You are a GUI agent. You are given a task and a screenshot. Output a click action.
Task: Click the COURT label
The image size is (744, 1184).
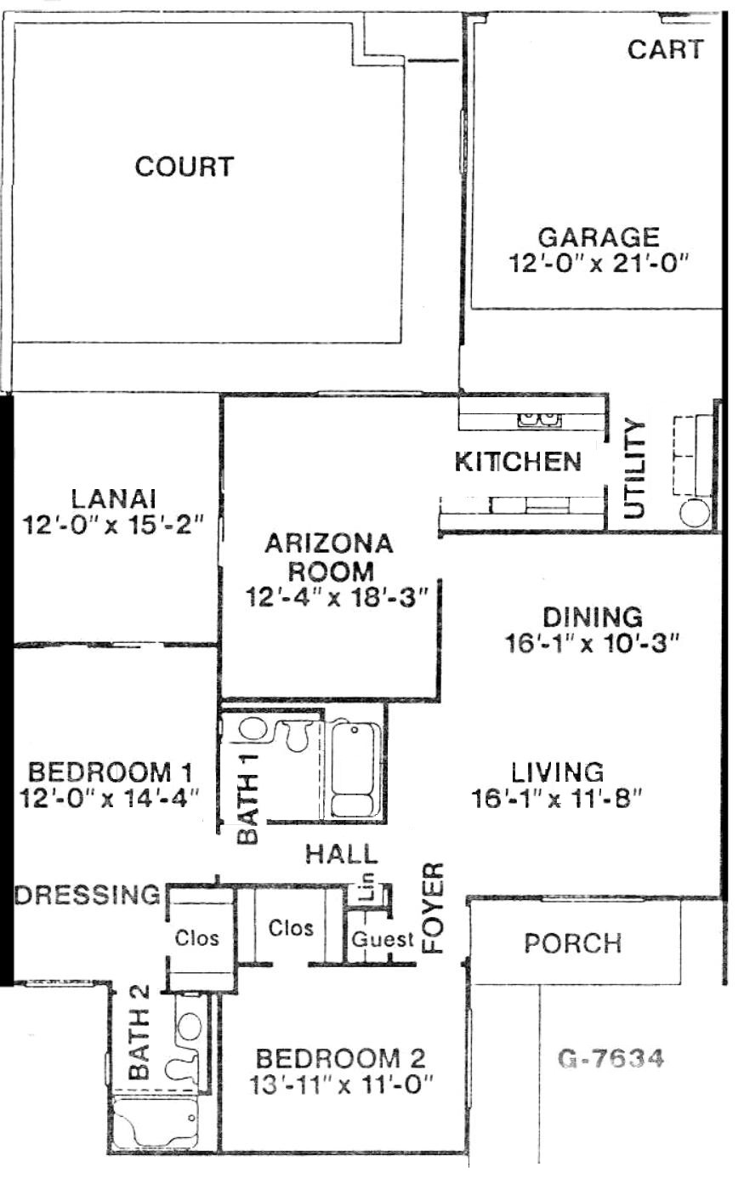point(184,167)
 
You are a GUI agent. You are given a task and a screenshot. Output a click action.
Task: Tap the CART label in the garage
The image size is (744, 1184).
point(665,49)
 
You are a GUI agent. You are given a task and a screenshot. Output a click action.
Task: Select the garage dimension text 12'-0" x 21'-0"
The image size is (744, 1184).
point(599,264)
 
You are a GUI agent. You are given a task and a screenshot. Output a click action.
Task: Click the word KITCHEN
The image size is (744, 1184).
point(517,462)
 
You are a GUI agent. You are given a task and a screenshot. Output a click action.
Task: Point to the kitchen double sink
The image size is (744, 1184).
point(539,419)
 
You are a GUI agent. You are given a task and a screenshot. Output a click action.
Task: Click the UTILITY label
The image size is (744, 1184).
point(633,469)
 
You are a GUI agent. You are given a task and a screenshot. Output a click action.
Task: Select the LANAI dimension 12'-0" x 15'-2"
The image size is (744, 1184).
point(112,526)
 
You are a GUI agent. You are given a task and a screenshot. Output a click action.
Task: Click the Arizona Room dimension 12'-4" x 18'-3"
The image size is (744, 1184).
point(336,597)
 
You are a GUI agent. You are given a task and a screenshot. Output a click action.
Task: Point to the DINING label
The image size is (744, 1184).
point(593,618)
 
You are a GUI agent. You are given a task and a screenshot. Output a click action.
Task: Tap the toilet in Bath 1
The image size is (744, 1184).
point(295,736)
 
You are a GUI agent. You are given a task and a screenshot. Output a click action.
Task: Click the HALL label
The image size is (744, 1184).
point(341,855)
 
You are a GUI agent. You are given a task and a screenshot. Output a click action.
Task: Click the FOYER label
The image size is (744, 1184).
point(434,908)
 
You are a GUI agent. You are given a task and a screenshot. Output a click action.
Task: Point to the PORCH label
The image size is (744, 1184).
point(573,943)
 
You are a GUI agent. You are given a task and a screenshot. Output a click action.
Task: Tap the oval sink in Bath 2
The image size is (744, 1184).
point(190,1027)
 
